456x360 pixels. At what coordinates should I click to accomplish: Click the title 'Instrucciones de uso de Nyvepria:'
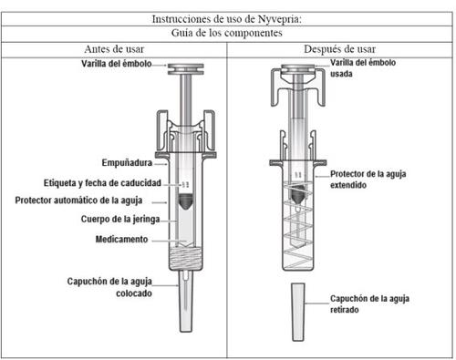click(227, 19)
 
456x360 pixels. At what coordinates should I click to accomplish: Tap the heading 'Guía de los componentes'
click(227, 33)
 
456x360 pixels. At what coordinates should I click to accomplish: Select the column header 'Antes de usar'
click(114, 49)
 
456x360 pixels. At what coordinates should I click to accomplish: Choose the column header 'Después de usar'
click(339, 49)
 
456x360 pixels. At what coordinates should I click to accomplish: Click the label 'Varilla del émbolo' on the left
click(117, 64)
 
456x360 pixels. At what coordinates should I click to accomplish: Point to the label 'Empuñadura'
click(127, 163)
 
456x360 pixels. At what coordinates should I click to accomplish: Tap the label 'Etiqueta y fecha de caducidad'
click(102, 183)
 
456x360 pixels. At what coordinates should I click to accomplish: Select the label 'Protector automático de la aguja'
click(78, 201)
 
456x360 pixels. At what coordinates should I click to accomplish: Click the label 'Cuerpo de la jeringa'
click(120, 219)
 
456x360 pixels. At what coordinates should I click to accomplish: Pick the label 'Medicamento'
click(121, 239)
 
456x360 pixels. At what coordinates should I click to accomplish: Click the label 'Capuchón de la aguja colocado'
click(109, 287)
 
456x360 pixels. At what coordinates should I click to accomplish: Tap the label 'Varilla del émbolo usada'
click(363, 68)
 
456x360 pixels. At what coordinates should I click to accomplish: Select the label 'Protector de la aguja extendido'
click(368, 180)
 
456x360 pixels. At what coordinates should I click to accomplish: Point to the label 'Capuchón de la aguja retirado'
click(369, 304)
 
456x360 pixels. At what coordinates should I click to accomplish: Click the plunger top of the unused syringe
click(186, 69)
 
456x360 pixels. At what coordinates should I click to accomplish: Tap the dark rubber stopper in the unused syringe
click(185, 201)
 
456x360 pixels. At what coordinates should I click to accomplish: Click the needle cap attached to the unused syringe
click(185, 301)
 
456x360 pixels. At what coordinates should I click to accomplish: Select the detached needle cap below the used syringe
click(298, 312)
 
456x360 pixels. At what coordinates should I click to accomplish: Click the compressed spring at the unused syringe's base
click(185, 258)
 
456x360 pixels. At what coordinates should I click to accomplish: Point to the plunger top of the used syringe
click(298, 69)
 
